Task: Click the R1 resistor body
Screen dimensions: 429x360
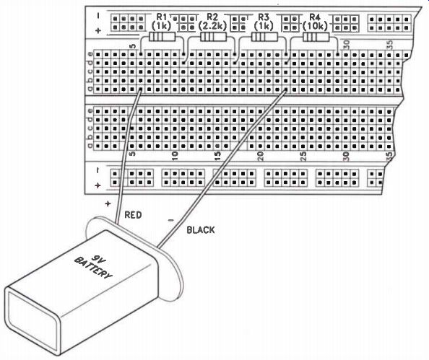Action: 162,37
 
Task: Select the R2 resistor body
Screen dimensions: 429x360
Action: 213,37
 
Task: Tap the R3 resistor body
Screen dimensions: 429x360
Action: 264,37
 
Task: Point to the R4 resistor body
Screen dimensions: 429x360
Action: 316,37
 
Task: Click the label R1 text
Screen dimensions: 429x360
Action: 162,17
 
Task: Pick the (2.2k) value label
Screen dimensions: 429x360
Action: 212,26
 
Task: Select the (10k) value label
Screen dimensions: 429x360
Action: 315,26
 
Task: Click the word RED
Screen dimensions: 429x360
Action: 133,215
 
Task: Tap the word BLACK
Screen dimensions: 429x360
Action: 201,230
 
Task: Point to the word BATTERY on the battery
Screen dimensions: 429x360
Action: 93,268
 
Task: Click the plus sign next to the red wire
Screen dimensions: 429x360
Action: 108,203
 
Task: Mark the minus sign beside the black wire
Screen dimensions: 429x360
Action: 171,220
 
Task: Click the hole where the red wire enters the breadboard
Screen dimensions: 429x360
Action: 141,89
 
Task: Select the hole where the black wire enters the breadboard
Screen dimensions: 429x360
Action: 286,89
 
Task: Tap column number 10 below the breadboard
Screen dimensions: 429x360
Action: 175,156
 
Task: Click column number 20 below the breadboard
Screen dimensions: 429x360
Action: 260,156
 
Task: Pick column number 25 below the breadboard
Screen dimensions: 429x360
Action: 303,156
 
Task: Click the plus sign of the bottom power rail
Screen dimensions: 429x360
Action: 97,185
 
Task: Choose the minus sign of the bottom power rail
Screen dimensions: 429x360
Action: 98,170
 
